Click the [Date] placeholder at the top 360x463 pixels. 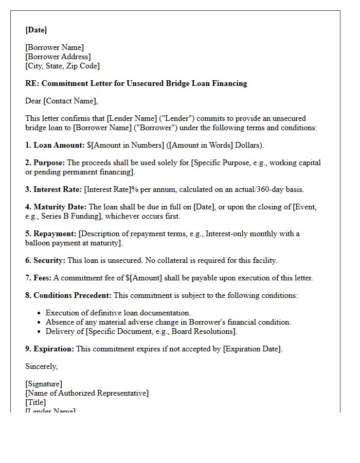[36, 30]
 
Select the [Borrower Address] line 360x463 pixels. [58, 57]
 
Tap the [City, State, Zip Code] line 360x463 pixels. [62, 66]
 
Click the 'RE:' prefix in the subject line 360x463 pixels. [32, 83]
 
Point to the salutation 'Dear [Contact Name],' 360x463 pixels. [61, 101]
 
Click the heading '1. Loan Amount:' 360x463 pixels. [55, 145]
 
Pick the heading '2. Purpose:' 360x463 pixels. [45, 163]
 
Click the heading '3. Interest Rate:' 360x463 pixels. [53, 189]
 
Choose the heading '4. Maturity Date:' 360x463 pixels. [56, 207]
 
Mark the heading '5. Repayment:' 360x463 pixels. [51, 234]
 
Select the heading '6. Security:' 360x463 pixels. [45, 260]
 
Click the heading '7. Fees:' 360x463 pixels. [39, 278]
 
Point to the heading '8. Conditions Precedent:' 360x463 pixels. [68, 295]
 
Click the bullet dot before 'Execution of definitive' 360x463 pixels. [40, 313]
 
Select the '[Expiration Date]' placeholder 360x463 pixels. [252, 349]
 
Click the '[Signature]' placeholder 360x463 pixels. [44, 384]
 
